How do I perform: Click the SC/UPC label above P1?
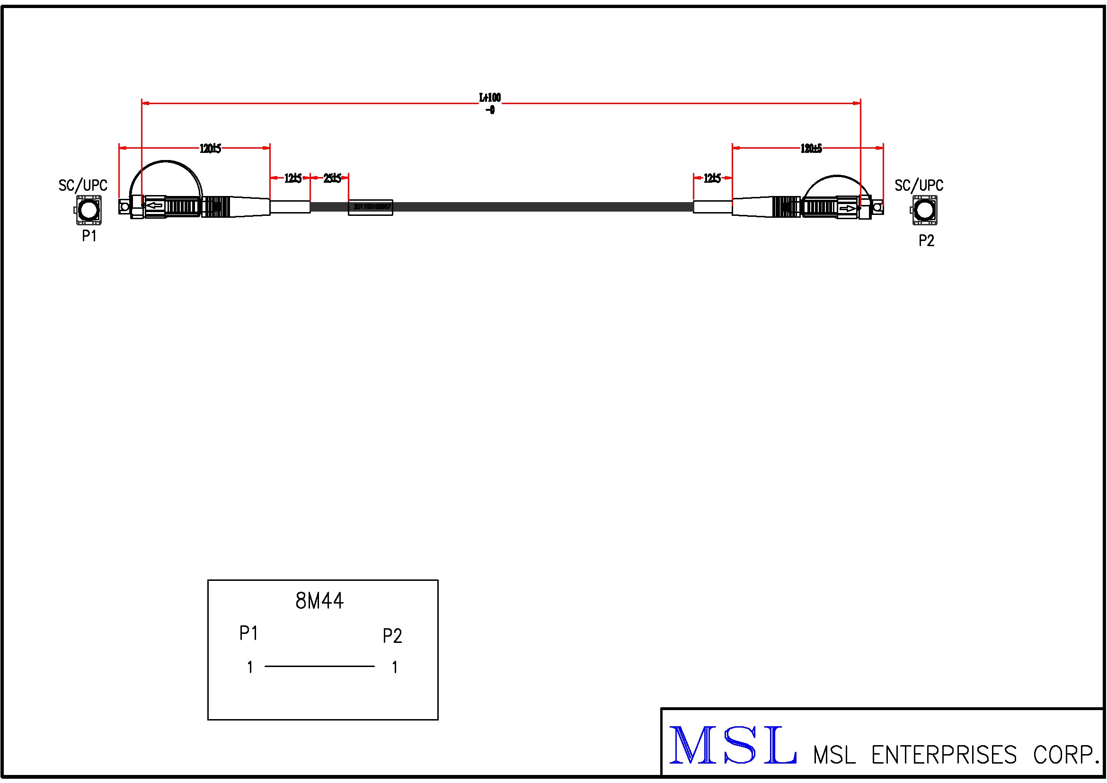point(83,186)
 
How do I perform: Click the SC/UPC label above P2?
point(919,186)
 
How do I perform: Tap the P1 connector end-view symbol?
point(88,210)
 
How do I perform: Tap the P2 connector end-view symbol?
point(924,210)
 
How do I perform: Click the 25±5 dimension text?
point(332,178)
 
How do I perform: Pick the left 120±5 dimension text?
point(210,149)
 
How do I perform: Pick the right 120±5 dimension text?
point(811,149)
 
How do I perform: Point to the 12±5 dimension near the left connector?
point(292,178)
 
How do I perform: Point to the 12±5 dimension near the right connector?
point(712,178)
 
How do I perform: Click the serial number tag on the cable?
point(371,207)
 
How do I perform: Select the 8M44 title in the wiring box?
point(319,601)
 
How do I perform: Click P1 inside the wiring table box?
point(249,633)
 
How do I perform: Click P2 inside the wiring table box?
point(392,636)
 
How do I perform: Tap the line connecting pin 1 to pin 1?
point(319,667)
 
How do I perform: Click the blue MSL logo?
point(732,746)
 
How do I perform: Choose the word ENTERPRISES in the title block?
point(944,755)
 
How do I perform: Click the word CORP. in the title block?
point(1065,755)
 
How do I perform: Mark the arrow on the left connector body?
point(154,206)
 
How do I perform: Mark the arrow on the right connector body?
point(847,208)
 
